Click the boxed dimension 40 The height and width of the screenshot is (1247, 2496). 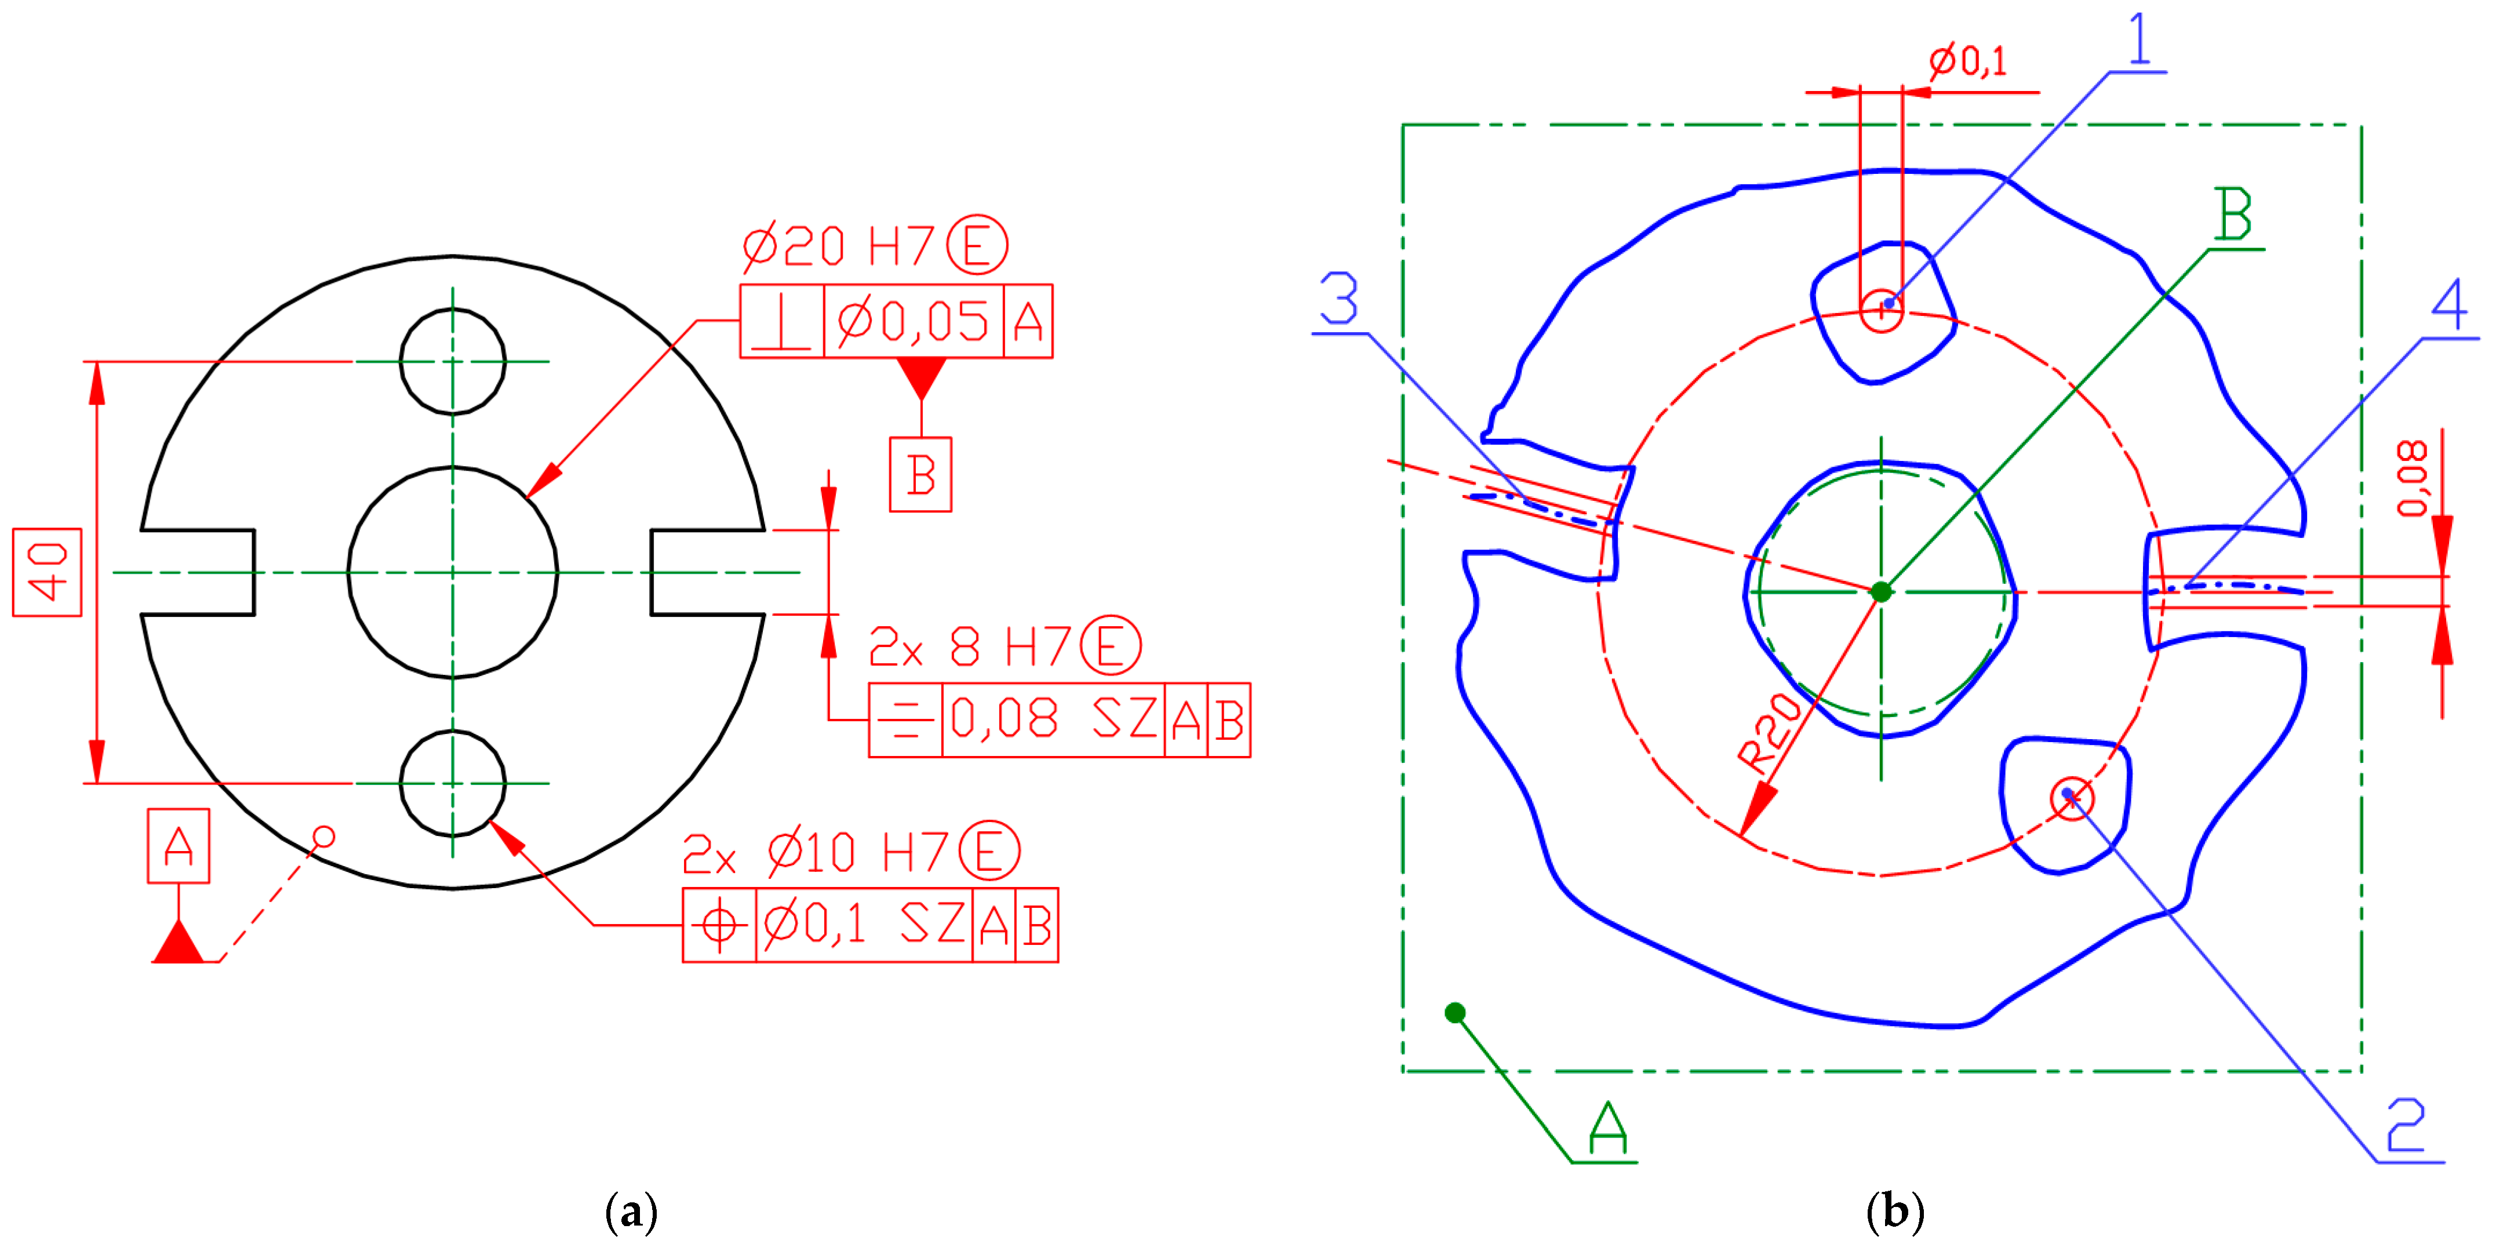pos(46,573)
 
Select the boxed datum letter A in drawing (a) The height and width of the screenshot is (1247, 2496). pos(179,846)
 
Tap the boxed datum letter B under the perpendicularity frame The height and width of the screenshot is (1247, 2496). pos(920,475)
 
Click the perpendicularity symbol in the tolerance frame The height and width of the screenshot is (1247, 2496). pos(781,322)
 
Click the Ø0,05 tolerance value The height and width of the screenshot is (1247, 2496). pos(913,322)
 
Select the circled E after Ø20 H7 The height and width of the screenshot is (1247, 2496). pos(977,245)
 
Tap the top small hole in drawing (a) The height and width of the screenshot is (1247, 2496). pos(453,361)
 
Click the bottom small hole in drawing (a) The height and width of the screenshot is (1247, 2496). pos(453,783)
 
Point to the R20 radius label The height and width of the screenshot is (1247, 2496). pos(1769,733)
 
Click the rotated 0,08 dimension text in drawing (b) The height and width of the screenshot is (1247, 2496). pos(2413,479)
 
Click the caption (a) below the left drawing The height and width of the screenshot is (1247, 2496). pos(631,1212)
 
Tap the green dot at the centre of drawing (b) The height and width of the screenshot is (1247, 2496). pos(1882,592)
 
